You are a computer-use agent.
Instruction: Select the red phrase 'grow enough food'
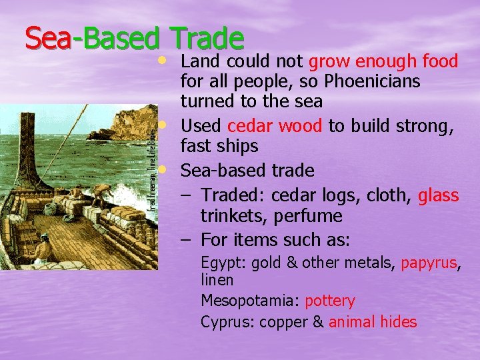(x=383, y=62)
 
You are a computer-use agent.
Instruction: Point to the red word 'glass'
(x=438, y=195)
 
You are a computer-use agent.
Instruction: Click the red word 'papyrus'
(x=428, y=263)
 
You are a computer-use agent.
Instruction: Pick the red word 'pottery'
(x=330, y=301)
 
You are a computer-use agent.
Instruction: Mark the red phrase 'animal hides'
(x=373, y=322)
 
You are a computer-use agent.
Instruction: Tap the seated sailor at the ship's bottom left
(x=44, y=250)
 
